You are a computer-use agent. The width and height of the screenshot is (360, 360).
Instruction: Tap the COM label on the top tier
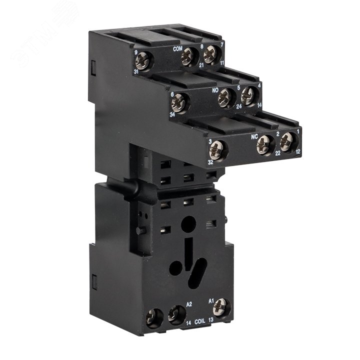point(177,49)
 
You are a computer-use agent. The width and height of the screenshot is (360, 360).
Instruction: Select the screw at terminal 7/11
point(210,53)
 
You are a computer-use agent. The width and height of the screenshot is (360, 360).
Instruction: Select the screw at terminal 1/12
point(286,141)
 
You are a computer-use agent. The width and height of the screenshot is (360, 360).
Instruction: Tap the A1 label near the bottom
point(211,301)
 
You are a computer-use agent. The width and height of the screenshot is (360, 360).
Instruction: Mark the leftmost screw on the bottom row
point(154,317)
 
